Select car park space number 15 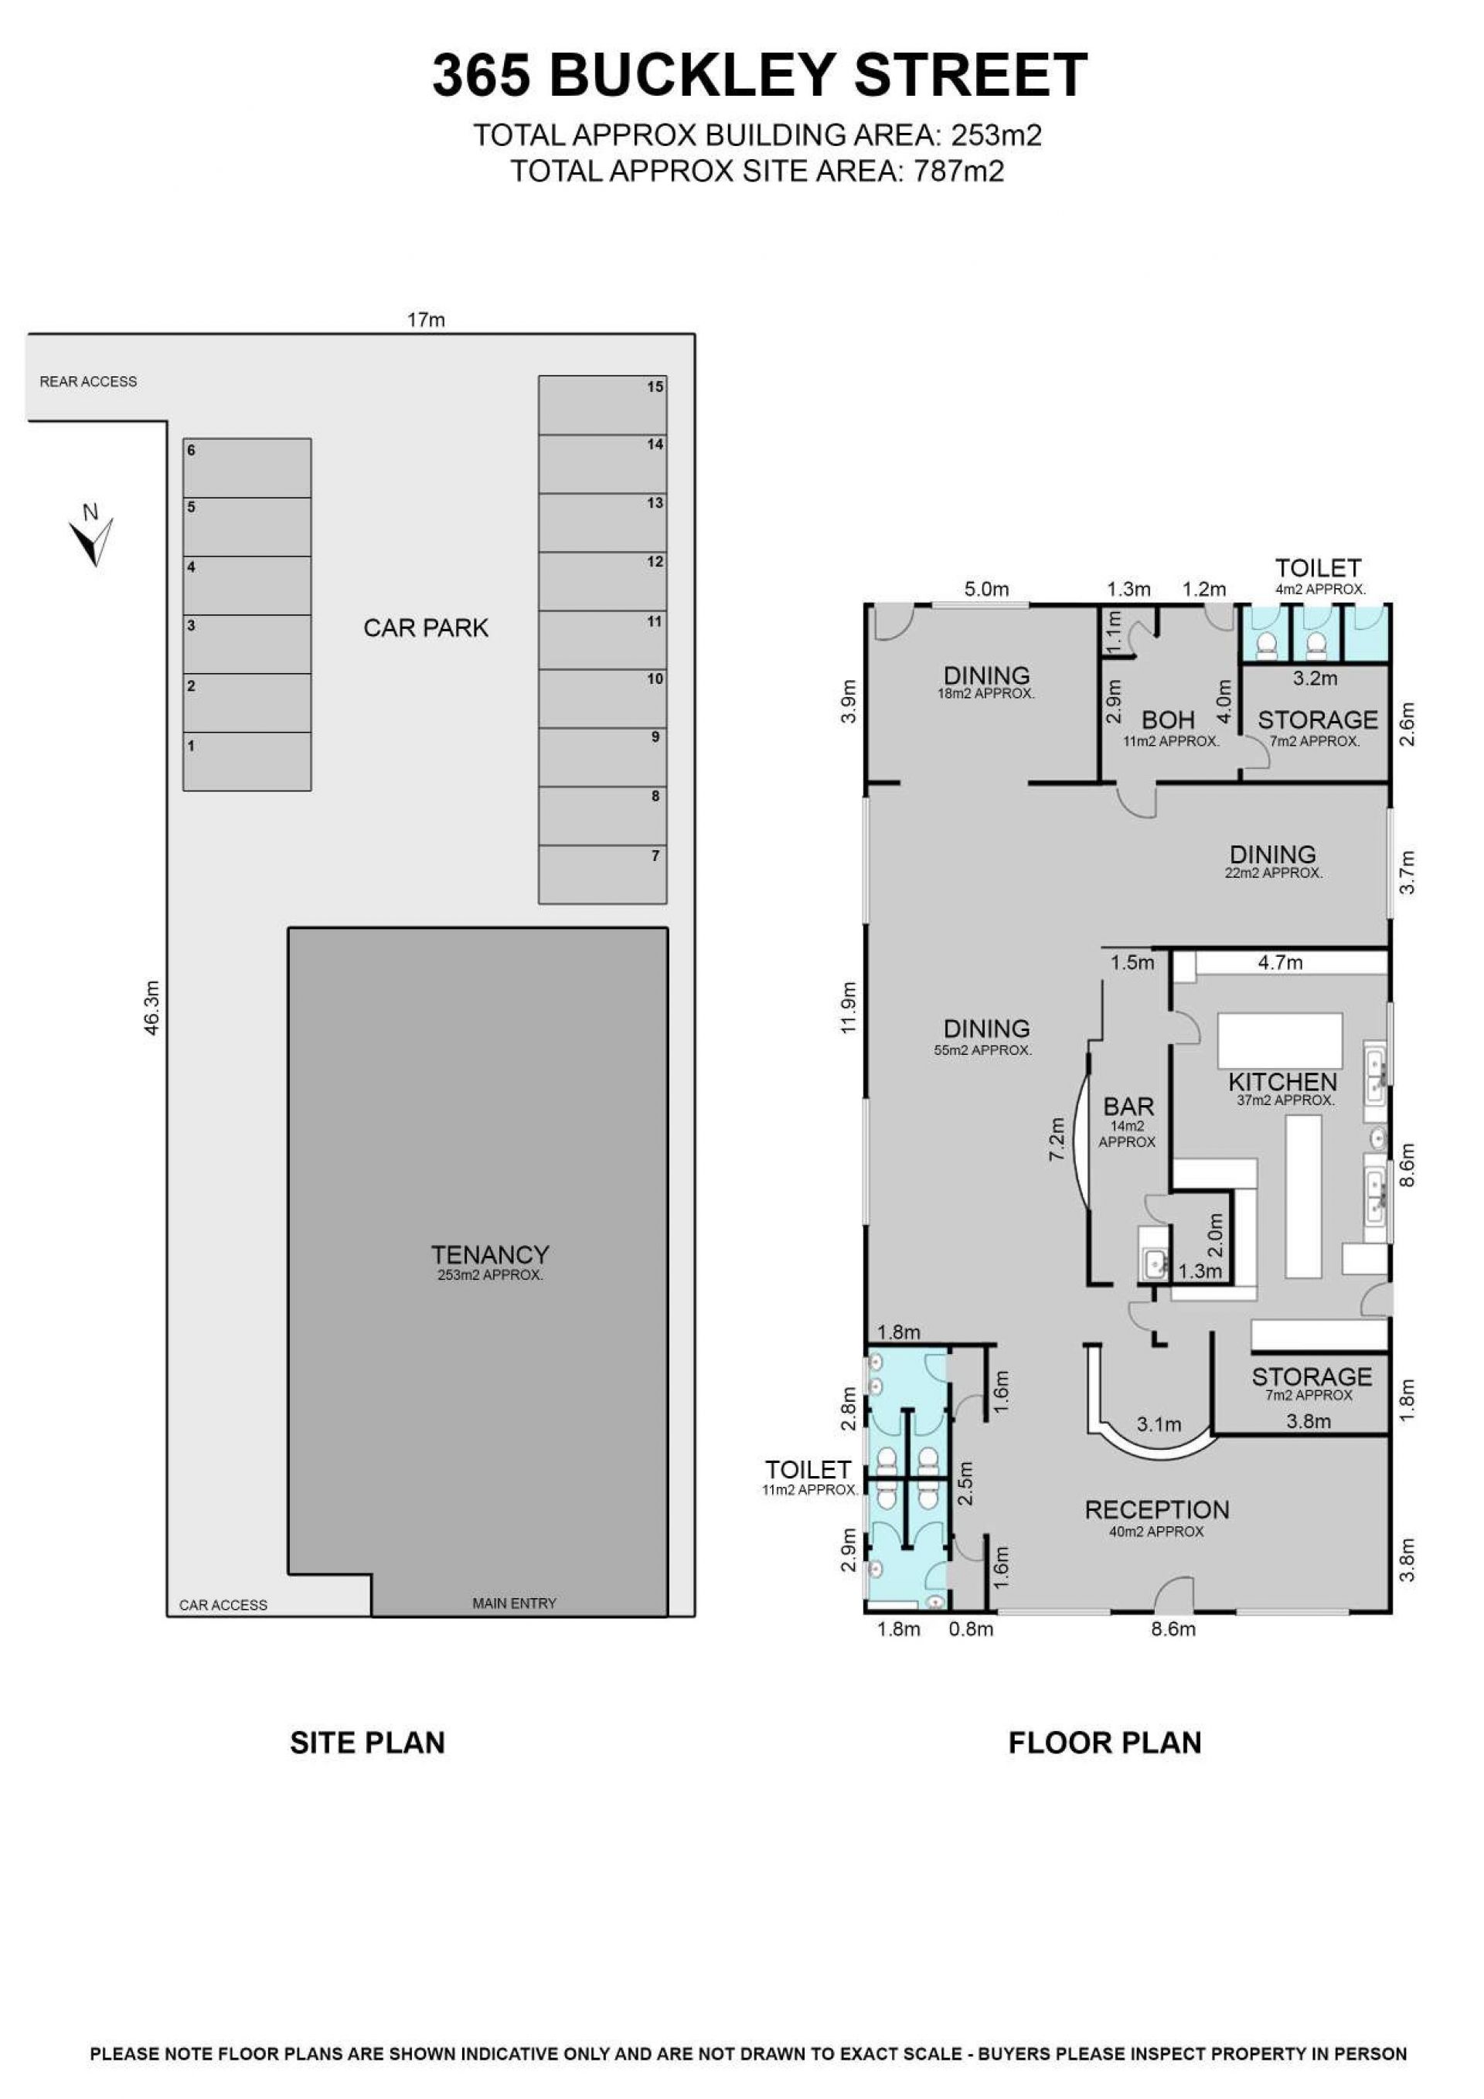(603, 405)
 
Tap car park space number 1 (247, 760)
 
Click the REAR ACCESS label (88, 381)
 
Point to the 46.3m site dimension (151, 1008)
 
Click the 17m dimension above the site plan (426, 320)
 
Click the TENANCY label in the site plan (490, 1254)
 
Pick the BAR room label (1128, 1106)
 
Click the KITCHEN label (1283, 1083)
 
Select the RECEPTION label (1156, 1509)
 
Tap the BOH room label (1169, 720)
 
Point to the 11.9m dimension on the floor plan (849, 1008)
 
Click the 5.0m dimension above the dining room (985, 590)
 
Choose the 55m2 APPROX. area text (983, 1050)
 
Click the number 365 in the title (481, 75)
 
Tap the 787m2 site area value (959, 171)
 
